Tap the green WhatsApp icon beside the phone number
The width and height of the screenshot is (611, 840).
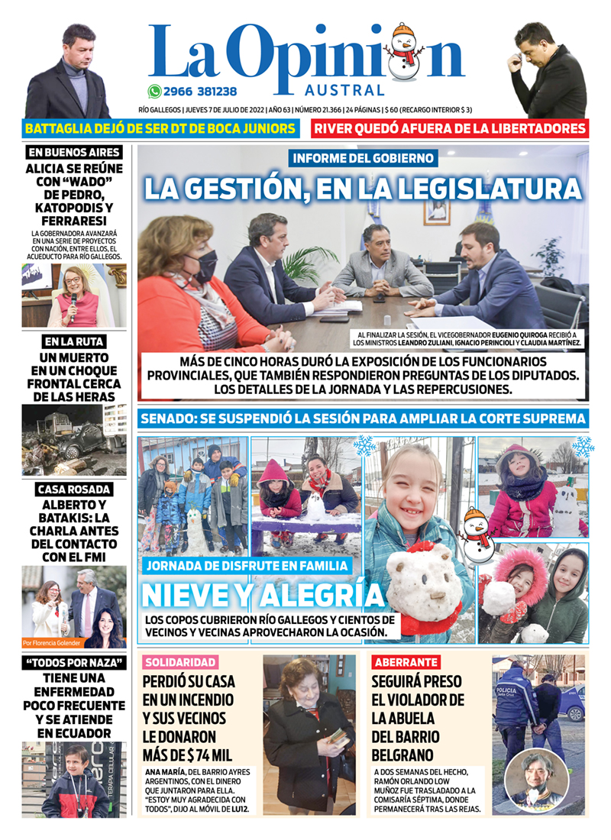[x=155, y=91]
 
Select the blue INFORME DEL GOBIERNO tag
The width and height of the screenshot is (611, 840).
[x=364, y=159]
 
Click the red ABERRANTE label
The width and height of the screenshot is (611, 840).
[x=406, y=662]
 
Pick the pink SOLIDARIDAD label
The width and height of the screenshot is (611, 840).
[x=180, y=662]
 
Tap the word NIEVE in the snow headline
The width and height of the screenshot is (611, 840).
[x=196, y=596]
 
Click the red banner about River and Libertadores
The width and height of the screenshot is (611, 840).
[x=450, y=129]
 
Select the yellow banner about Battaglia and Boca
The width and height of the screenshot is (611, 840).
[x=160, y=129]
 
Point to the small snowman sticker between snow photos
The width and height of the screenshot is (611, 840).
[x=477, y=534]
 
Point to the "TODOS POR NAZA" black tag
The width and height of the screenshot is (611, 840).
[x=74, y=662]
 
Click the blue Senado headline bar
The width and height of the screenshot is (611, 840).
[x=363, y=418]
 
